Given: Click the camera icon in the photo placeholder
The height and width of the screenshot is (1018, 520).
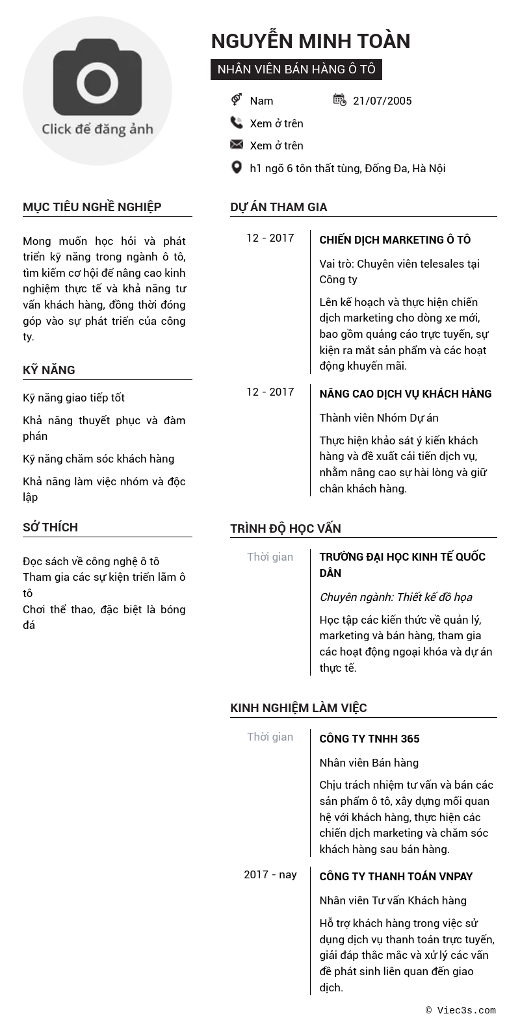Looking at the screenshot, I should point(97,77).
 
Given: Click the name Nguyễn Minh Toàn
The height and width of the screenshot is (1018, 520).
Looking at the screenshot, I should point(311,41).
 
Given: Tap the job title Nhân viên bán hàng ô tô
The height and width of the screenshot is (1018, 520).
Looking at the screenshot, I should point(296,70).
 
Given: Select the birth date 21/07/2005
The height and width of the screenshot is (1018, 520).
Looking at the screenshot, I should point(382,101).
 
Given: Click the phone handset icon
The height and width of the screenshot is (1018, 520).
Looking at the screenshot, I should point(237,123).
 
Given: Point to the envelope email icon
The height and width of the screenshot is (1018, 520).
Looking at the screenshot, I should point(237,145).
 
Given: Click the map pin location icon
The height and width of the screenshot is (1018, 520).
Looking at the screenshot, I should point(237,168).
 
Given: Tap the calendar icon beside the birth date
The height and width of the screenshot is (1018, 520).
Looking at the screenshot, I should point(339,99).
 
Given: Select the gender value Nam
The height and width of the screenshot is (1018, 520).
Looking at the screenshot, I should point(261,101).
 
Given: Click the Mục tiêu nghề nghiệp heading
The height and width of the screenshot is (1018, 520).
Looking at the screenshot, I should point(92,207).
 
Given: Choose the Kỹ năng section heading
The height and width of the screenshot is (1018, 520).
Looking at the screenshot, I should point(49,370).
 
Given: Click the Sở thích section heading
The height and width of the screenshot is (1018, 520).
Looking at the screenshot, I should point(50,528).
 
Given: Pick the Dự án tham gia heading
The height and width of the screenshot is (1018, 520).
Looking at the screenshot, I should point(279,207).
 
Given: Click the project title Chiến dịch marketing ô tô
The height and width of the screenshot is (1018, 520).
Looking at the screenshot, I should point(395,240).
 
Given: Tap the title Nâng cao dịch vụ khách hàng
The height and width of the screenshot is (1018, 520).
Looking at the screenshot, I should point(406,394).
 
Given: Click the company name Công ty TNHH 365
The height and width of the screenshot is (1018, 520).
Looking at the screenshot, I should point(369,739).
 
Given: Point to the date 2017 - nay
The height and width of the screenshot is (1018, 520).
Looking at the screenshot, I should point(270,874).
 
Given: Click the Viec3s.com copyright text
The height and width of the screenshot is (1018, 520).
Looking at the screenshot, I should point(461,1010).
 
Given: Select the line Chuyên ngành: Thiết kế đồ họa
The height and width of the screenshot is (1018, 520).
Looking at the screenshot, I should point(396,597).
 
